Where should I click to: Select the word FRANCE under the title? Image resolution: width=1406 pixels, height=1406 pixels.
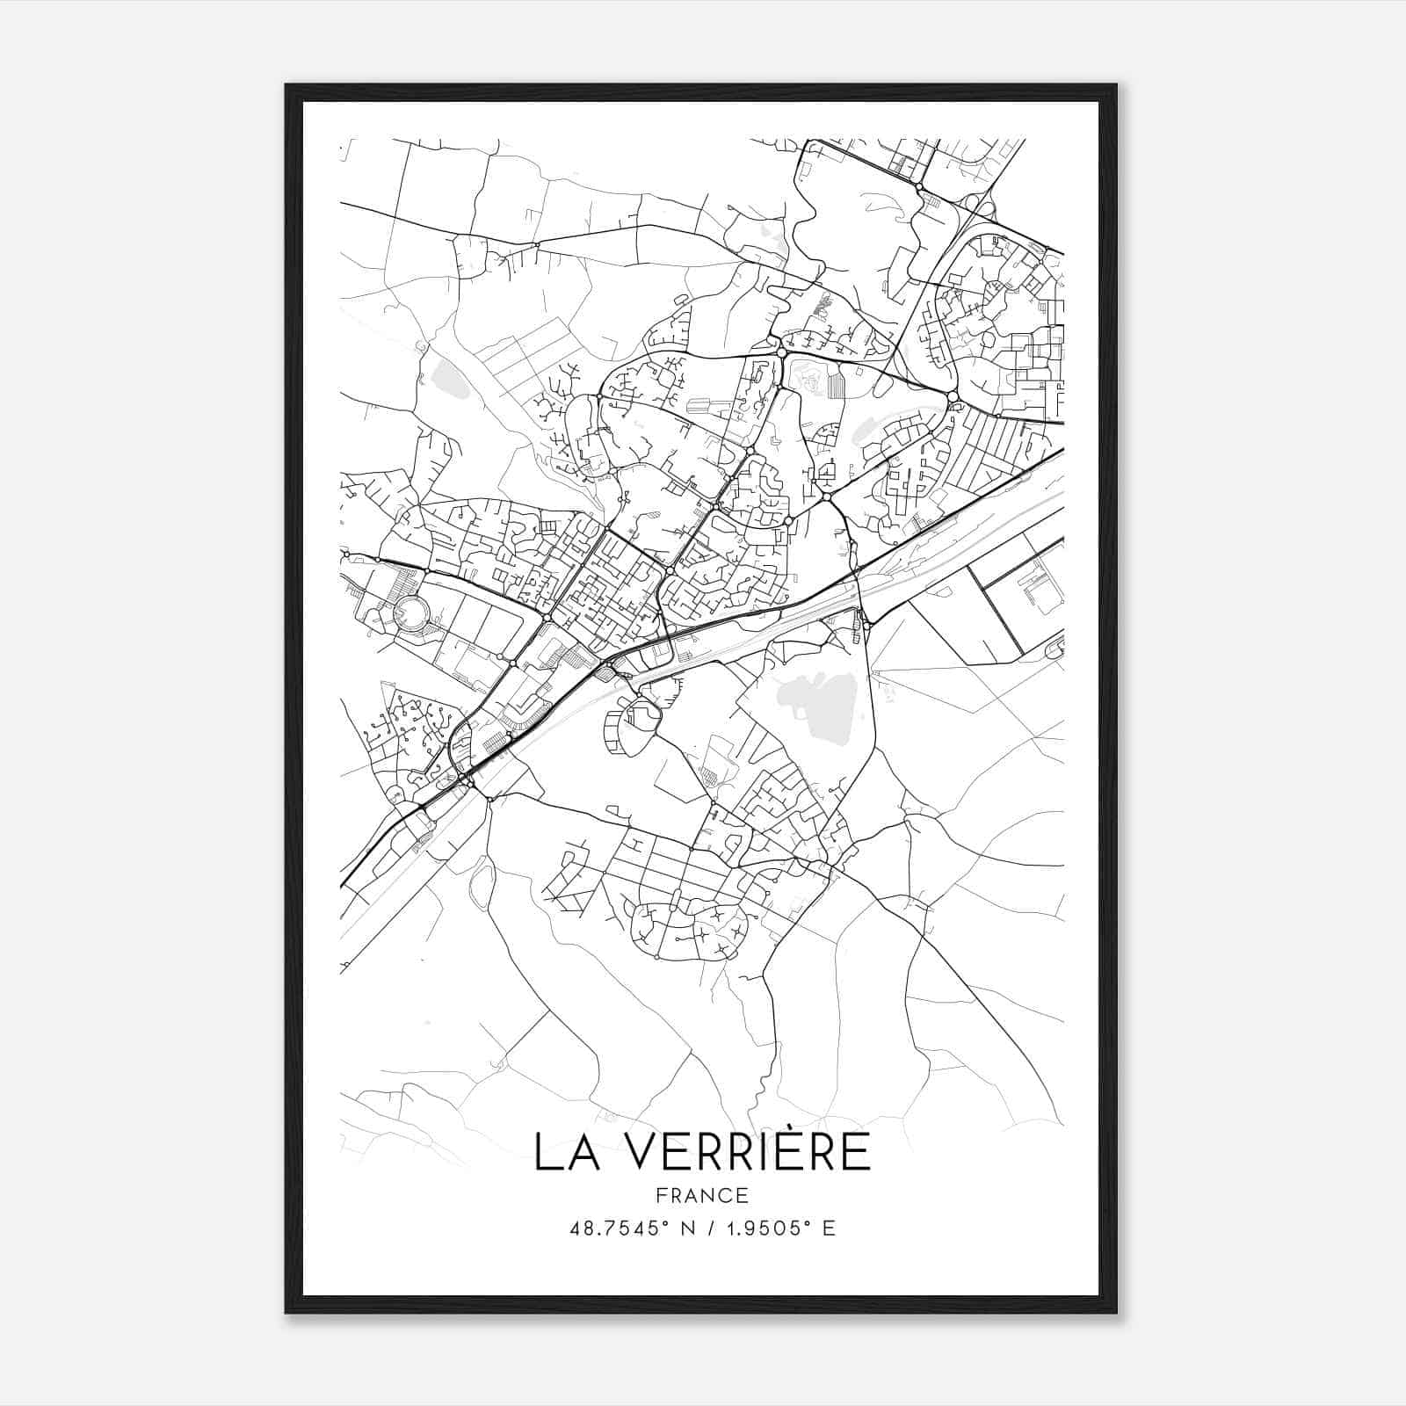[x=702, y=1195]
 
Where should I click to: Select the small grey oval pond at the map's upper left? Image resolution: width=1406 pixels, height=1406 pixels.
[x=449, y=379]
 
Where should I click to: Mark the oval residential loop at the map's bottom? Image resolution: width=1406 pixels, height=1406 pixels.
[x=690, y=930]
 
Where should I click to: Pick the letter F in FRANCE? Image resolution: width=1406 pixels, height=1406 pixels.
[x=661, y=1195]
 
